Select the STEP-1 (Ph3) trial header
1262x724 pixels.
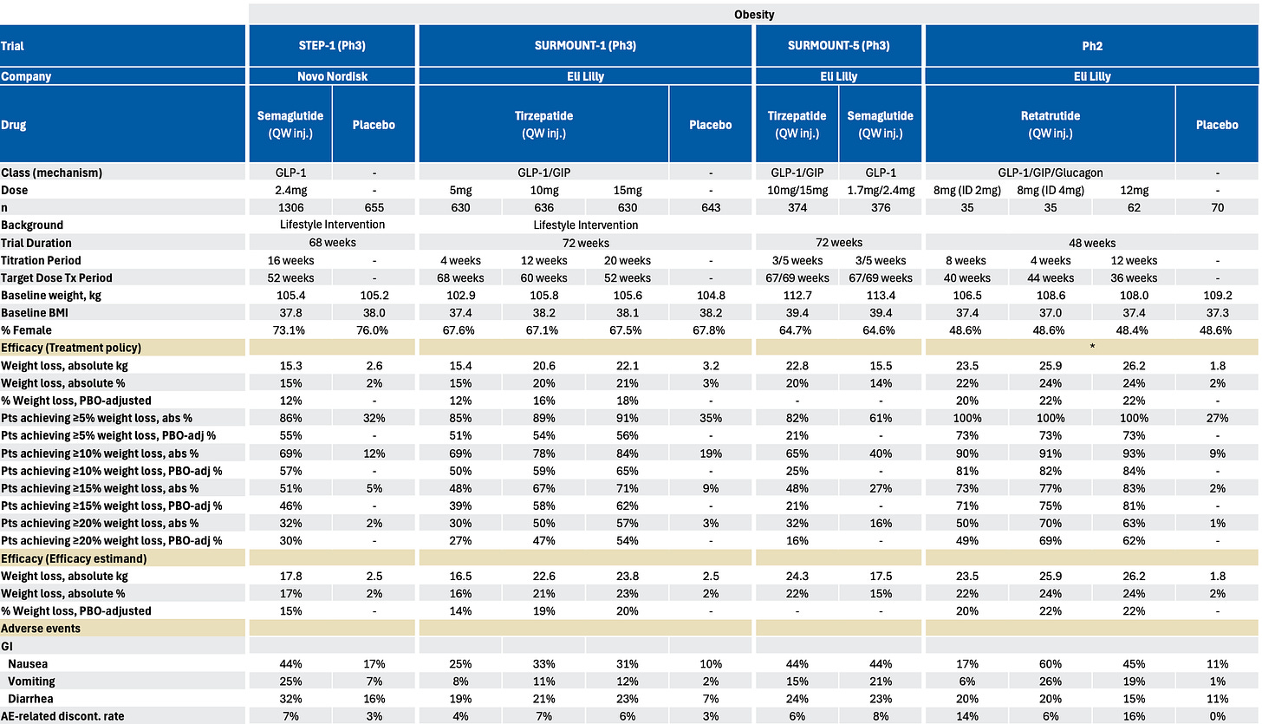[x=332, y=46]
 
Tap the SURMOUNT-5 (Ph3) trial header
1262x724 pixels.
[x=839, y=46]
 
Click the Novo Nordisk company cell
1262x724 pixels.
[x=332, y=76]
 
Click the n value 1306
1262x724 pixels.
[x=290, y=207]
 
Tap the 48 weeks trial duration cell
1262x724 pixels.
[x=1091, y=243]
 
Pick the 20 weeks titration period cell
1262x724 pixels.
[x=627, y=260]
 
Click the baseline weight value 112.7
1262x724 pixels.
[x=797, y=295]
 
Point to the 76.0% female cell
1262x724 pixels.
[x=374, y=330]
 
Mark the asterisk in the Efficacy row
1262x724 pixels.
[x=1091, y=347]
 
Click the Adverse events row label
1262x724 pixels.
[x=41, y=628]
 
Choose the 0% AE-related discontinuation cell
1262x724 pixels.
[x=1218, y=715]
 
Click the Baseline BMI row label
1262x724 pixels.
[x=36, y=312]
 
